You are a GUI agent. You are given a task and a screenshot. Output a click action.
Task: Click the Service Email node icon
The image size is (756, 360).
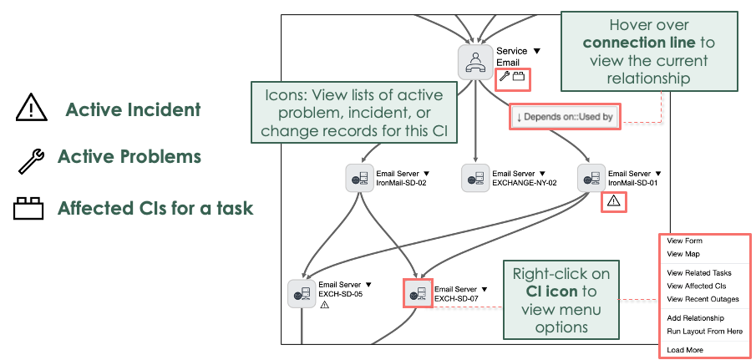[x=475, y=62]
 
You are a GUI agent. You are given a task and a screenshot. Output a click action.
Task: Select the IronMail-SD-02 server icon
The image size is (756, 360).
[x=360, y=178]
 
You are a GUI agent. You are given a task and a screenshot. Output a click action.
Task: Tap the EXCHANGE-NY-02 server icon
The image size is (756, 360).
[x=476, y=178]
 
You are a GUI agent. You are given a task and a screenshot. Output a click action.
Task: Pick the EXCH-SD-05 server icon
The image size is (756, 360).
[x=302, y=294]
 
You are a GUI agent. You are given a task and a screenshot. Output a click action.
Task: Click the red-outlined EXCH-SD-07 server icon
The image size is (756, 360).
[x=418, y=294]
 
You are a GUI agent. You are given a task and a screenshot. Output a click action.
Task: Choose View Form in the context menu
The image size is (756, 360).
[x=684, y=241]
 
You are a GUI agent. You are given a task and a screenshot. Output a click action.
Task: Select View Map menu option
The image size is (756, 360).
[x=683, y=254]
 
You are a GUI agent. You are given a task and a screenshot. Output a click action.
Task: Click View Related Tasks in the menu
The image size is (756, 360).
[x=699, y=272]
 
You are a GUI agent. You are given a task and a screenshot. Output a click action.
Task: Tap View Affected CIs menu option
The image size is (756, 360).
[x=697, y=286]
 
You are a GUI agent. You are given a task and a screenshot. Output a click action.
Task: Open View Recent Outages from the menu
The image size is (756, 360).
[x=703, y=299]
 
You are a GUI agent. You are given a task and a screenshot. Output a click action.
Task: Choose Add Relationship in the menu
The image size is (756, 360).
[x=695, y=318]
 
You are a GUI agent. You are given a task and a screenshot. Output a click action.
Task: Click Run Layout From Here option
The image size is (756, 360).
[x=704, y=332]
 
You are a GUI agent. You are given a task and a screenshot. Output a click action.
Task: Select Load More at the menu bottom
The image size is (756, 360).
[x=684, y=350]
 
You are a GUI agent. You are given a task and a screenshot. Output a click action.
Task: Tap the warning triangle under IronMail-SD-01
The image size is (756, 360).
[x=613, y=200]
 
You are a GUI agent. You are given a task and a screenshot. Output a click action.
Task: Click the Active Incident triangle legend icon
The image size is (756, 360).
[x=29, y=109]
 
